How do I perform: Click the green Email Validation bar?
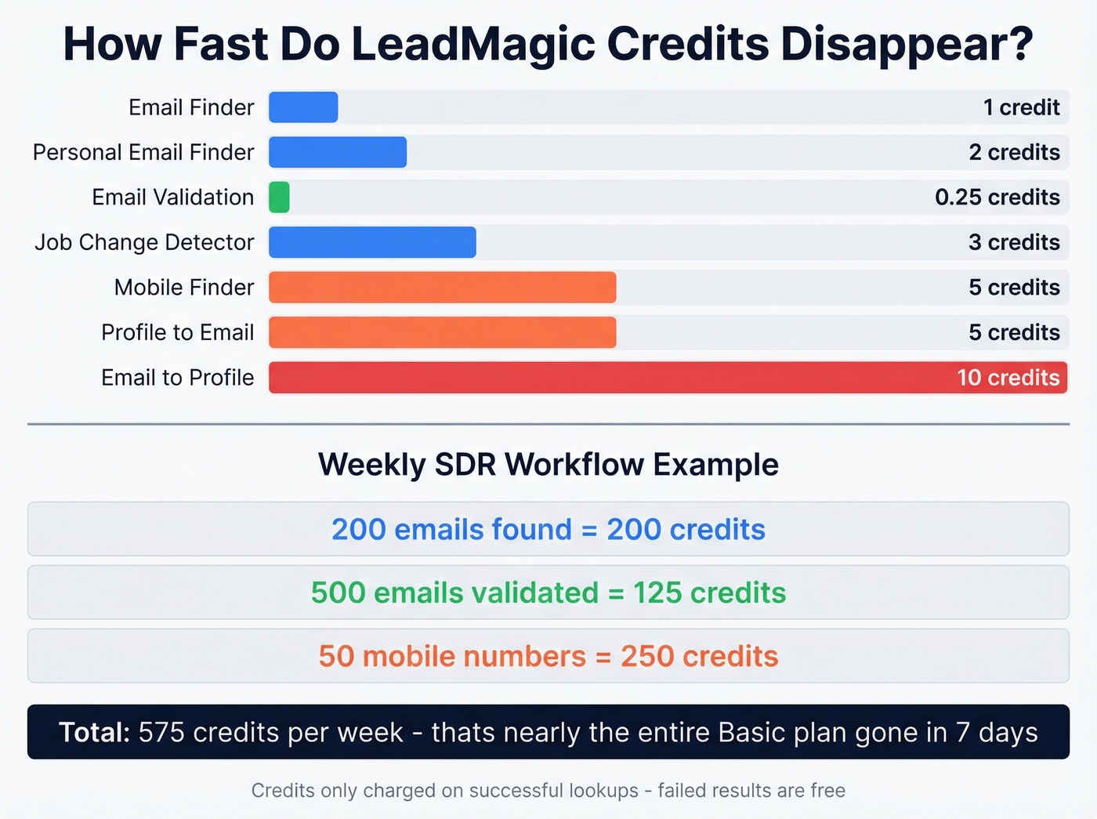click(279, 198)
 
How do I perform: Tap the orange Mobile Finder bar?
click(442, 288)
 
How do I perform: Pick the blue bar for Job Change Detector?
click(372, 243)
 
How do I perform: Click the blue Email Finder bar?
click(303, 107)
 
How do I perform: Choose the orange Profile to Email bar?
click(442, 333)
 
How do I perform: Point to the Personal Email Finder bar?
click(338, 153)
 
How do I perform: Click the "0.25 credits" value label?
click(997, 198)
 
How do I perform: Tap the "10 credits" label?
click(1008, 378)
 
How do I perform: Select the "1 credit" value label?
click(1021, 107)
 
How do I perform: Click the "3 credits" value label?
click(1014, 243)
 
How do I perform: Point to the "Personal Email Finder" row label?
click(143, 153)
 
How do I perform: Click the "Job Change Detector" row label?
click(144, 243)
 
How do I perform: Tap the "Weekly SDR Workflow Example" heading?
click(548, 465)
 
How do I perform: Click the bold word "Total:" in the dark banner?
click(94, 733)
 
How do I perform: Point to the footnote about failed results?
click(548, 791)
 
